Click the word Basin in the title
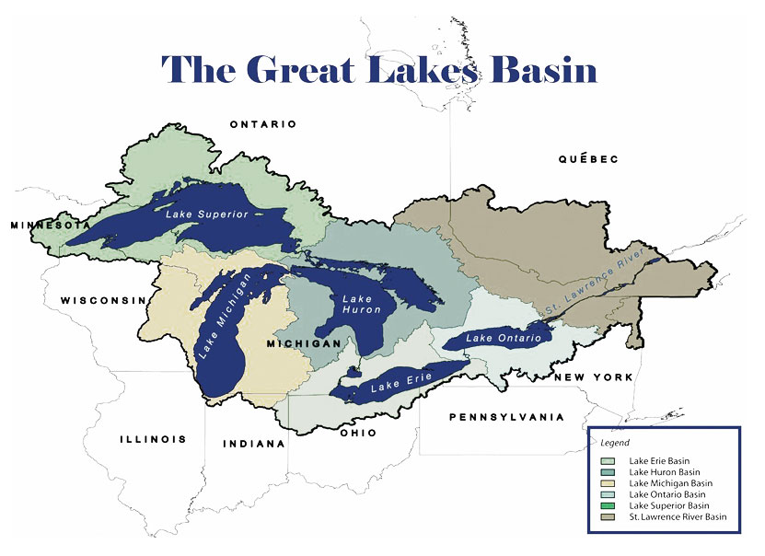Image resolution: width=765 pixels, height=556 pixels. click(x=543, y=69)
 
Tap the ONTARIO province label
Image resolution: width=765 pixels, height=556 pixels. click(x=263, y=124)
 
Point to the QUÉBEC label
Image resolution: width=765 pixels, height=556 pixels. click(x=588, y=159)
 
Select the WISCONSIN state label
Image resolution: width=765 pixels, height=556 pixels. click(x=104, y=300)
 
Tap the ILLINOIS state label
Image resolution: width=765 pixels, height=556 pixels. click(x=153, y=439)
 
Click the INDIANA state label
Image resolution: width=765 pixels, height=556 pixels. click(x=254, y=444)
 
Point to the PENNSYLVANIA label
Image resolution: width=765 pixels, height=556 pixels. click(x=506, y=417)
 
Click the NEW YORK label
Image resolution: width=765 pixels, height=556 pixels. click(x=593, y=377)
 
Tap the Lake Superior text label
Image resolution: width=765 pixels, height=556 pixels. click(x=208, y=214)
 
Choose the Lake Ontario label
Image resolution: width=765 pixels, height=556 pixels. click(x=498, y=339)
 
